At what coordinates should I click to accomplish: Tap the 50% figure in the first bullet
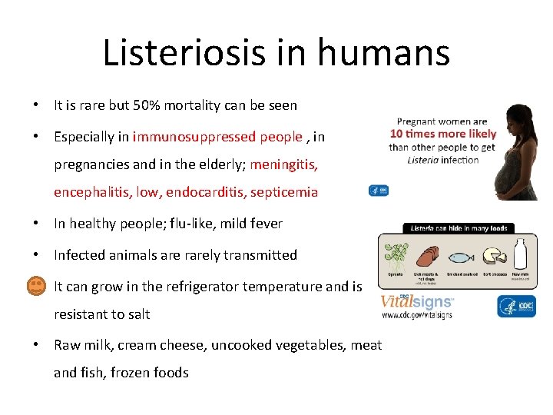click(x=146, y=105)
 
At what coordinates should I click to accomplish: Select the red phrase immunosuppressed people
click(x=217, y=137)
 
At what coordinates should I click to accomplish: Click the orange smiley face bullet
click(x=36, y=287)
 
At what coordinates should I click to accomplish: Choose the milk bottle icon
click(x=520, y=254)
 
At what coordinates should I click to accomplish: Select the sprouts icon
click(x=396, y=256)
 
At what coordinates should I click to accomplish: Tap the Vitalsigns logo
click(x=416, y=302)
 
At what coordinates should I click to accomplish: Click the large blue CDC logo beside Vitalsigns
click(x=516, y=306)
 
